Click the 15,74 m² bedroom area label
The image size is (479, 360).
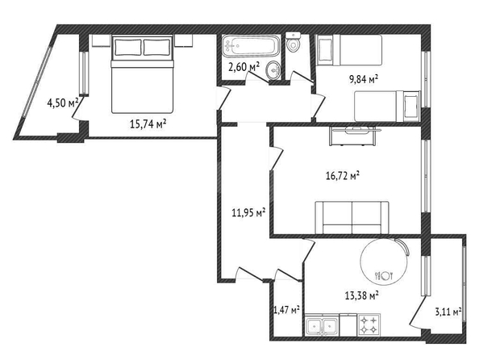click(x=148, y=123)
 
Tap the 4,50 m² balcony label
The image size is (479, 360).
click(x=63, y=103)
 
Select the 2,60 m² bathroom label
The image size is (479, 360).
click(x=244, y=66)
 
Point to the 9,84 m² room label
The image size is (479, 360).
click(x=364, y=79)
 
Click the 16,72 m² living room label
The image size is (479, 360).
click(x=343, y=176)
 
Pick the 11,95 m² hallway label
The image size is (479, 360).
click(x=248, y=212)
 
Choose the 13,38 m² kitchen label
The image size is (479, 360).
click(x=362, y=295)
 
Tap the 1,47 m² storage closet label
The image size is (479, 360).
click(x=286, y=310)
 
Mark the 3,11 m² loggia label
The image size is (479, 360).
click(x=448, y=312)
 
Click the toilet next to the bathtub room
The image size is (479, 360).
click(x=294, y=42)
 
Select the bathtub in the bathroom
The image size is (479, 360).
click(x=251, y=46)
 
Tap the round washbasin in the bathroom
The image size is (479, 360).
click(x=273, y=71)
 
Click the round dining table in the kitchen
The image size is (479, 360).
click(x=384, y=262)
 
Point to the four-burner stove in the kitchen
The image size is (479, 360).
click(x=369, y=324)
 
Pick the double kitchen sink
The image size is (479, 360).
click(x=322, y=325)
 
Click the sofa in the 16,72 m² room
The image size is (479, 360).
click(x=352, y=217)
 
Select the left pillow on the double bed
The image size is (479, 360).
click(x=128, y=47)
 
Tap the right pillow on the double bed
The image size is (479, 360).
click(x=156, y=47)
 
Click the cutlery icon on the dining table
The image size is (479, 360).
click(x=383, y=276)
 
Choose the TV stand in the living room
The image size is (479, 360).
click(x=353, y=136)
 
